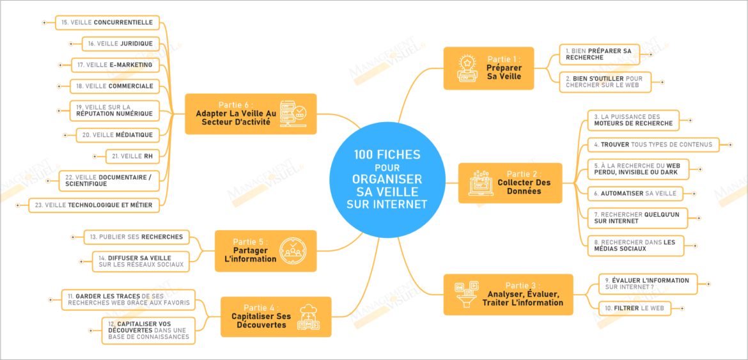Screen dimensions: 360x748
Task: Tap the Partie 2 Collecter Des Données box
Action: point(510,182)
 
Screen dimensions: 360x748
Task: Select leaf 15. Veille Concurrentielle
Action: point(106,22)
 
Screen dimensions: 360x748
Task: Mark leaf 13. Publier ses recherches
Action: point(136,237)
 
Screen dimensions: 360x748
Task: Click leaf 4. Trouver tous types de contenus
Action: point(652,145)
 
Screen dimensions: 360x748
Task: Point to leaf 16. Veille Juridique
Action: point(120,43)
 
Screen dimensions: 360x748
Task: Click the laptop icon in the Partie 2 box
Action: point(481,182)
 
